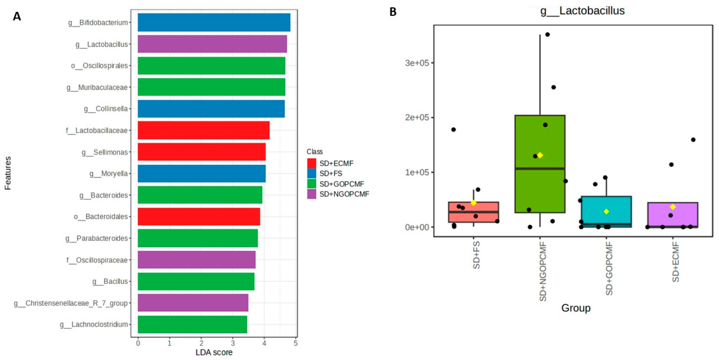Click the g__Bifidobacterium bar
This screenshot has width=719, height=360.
214,22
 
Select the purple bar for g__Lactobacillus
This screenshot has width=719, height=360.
212,44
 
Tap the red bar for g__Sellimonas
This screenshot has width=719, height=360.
201,152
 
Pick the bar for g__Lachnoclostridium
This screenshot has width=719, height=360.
192,324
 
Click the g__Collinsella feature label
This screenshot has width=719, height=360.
106,109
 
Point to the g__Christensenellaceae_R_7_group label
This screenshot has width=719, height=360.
71,303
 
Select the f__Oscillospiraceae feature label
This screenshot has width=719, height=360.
97,260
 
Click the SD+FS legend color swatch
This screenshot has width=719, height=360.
311,173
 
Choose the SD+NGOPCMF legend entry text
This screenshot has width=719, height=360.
344,194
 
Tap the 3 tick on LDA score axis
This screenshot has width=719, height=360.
233,343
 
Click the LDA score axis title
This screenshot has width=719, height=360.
214,352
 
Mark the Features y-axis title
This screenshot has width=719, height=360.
8,173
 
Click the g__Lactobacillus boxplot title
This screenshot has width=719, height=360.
582,11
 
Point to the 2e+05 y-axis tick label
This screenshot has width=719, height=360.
417,117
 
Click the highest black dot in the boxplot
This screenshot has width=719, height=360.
547,35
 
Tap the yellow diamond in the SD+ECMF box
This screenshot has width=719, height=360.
673,207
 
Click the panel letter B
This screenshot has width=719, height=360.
393,12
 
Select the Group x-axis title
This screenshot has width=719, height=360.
576,308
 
